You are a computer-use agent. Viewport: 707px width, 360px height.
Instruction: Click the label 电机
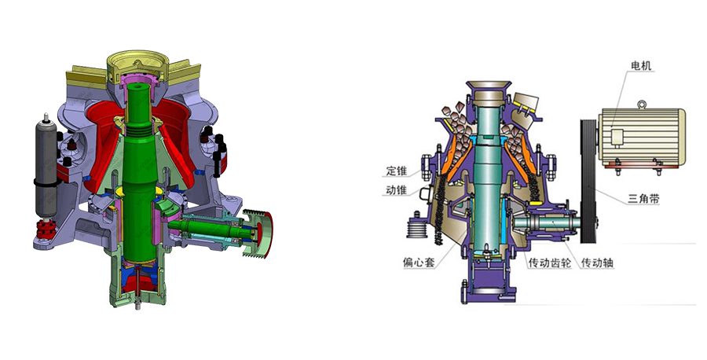pyautogui.click(x=641, y=66)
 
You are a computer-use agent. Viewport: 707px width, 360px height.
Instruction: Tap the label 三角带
pyautogui.click(x=644, y=198)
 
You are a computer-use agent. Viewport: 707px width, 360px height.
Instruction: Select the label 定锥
pyautogui.click(x=397, y=171)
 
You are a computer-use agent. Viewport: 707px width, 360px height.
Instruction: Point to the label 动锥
pyautogui.click(x=397, y=190)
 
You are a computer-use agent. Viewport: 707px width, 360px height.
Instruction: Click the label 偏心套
pyautogui.click(x=419, y=262)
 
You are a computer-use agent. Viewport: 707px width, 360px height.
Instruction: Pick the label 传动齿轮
pyautogui.click(x=550, y=262)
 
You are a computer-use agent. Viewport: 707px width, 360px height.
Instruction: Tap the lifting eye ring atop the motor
pyautogui.click(x=642, y=105)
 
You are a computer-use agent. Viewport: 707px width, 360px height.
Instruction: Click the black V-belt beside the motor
pyautogui.click(x=588, y=181)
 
